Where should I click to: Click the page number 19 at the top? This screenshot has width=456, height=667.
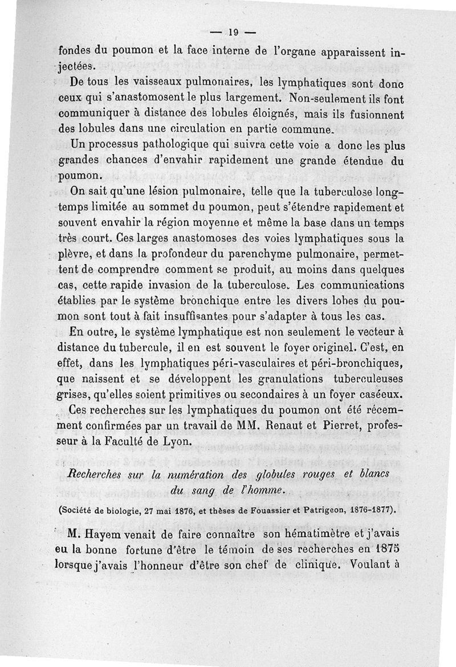click(x=232, y=32)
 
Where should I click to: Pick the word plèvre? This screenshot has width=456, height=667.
click(x=75, y=252)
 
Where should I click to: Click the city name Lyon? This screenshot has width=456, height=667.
click(x=189, y=442)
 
